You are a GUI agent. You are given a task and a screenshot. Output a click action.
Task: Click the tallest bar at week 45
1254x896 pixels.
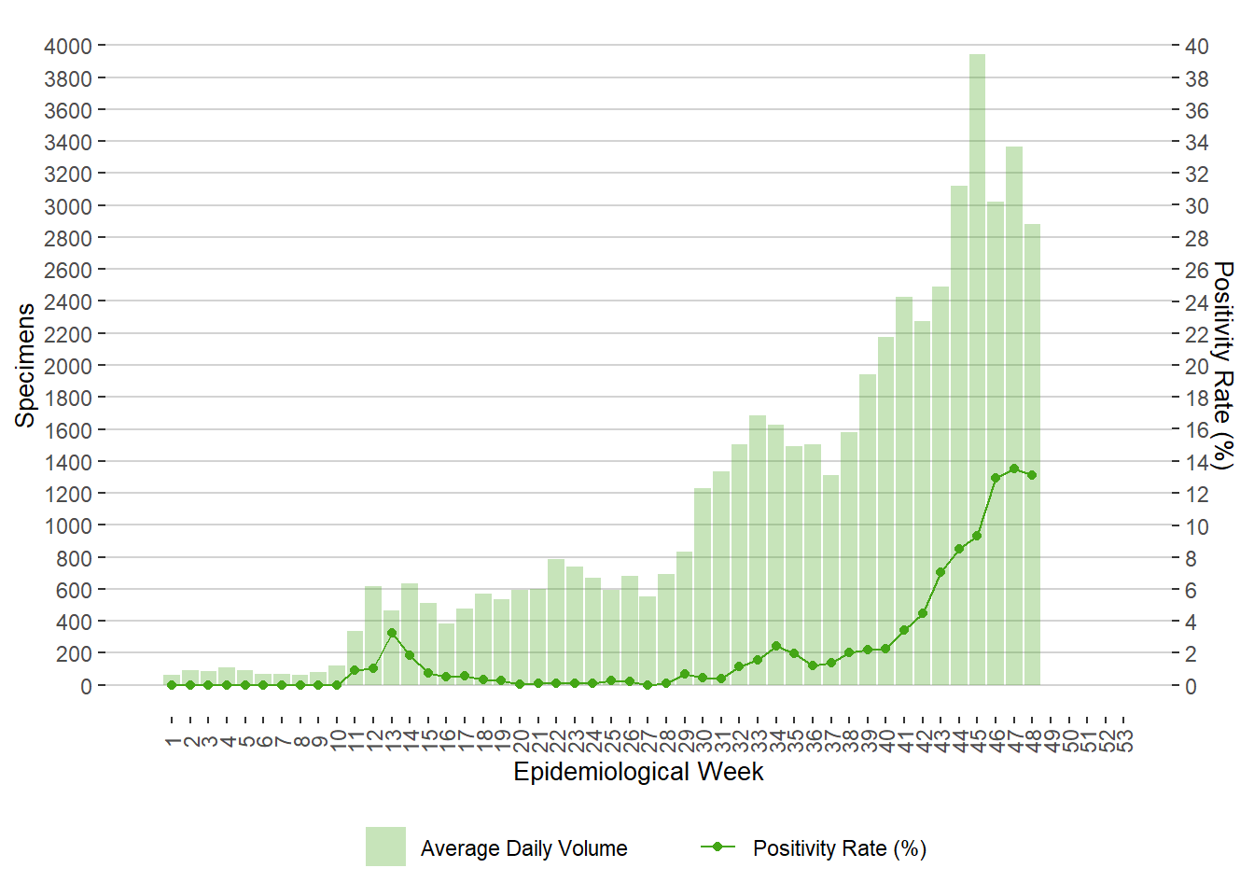(x=977, y=373)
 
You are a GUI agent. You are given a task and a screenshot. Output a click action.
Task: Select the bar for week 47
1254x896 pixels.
(x=1013, y=420)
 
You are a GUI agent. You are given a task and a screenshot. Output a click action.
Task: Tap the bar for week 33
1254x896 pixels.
(x=758, y=551)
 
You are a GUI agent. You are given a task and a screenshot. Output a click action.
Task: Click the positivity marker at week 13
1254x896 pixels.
(x=392, y=633)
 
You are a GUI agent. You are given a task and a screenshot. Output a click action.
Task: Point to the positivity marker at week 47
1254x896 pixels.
(x=1013, y=469)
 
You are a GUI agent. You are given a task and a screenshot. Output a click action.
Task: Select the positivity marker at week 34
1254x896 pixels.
(x=776, y=646)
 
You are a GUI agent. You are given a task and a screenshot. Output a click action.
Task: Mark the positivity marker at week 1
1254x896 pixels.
(x=172, y=685)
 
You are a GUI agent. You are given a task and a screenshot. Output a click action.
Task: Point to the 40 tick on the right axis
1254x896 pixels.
(x=1197, y=46)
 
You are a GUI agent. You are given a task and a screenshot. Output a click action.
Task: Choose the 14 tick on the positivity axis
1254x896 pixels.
(x=1197, y=462)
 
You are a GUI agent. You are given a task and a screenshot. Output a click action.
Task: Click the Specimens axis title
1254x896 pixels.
(x=25, y=365)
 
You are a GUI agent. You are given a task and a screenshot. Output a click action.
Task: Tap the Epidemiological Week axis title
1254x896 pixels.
(x=638, y=772)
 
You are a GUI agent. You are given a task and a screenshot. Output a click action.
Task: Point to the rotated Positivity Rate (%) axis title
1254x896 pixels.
(x=1223, y=365)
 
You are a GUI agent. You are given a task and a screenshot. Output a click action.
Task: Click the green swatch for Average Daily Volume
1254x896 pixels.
(x=385, y=847)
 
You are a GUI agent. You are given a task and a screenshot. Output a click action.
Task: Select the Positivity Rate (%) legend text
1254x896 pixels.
(x=839, y=848)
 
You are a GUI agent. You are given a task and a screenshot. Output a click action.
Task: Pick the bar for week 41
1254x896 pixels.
(x=904, y=495)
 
